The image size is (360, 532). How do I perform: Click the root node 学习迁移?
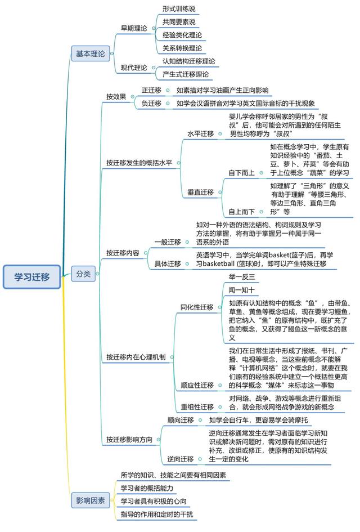[32, 277]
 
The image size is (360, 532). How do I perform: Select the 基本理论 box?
[91, 53]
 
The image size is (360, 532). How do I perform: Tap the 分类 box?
[83, 274]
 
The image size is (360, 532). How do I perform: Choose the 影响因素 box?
[91, 500]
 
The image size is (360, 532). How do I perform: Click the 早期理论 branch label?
[134, 29]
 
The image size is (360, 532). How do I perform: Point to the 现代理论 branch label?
[134, 68]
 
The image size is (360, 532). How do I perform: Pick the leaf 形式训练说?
[179, 9]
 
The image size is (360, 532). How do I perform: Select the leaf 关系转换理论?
[182, 48]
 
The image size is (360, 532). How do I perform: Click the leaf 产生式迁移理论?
[186, 74]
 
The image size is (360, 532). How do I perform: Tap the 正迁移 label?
[151, 90]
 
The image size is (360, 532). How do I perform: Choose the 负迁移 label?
[151, 104]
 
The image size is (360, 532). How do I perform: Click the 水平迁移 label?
[201, 133]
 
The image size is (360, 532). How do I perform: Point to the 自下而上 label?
[242, 173]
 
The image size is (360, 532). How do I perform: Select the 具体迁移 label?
[168, 263]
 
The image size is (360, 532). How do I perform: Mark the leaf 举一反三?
[242, 277]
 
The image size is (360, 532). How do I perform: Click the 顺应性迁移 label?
[197, 385]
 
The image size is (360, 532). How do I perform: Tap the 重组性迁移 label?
[197, 407]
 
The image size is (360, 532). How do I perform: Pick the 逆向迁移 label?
[181, 459]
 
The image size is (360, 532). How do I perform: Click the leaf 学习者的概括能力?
[147, 488]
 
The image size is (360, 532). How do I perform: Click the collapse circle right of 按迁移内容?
[146, 253]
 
